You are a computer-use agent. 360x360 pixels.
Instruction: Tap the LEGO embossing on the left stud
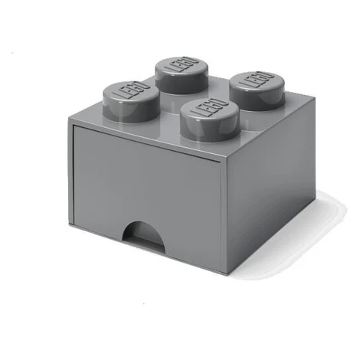133,90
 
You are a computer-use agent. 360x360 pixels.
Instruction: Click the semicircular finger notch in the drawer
143,233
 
